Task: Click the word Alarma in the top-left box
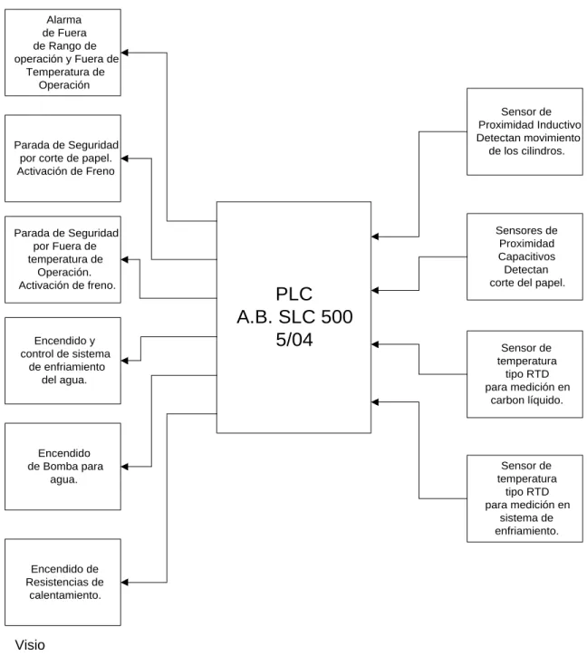64,20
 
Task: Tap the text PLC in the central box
293,294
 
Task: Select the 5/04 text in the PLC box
293,340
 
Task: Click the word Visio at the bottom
30,645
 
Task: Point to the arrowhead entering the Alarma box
124,53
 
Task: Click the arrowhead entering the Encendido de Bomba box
124,467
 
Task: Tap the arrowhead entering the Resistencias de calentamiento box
124,583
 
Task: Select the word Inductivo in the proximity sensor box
559,125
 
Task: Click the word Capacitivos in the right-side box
526,256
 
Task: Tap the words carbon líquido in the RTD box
526,401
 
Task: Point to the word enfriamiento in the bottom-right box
526,531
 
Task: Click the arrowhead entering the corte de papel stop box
124,159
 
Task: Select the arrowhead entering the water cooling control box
124,361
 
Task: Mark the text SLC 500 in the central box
315,317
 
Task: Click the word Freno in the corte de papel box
101,171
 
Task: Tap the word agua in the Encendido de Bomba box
63,480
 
